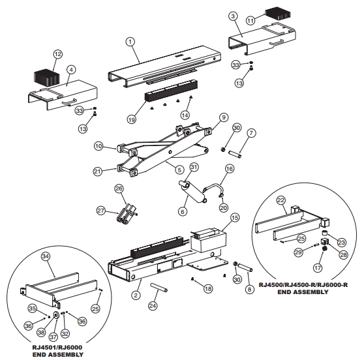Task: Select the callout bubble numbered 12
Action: pos(58,53)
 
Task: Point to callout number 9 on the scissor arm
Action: pos(223,117)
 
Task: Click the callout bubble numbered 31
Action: pos(194,168)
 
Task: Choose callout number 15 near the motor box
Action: pos(234,217)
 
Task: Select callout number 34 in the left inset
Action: pos(45,256)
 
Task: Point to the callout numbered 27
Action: pos(101,211)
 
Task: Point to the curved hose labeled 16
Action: pos(213,189)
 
